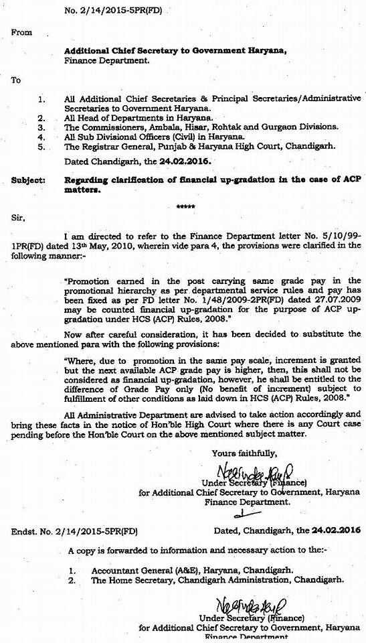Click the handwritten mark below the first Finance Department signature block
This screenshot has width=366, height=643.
[x=240, y=515]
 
